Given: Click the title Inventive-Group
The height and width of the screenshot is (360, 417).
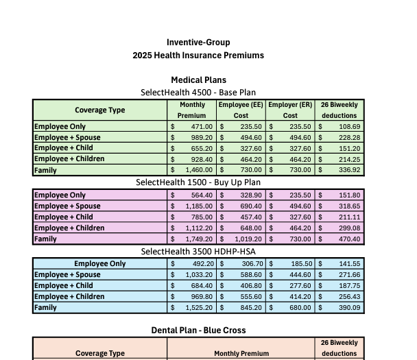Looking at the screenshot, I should click(x=198, y=43).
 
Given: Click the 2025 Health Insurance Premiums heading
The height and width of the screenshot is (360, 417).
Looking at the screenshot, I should click(x=198, y=56).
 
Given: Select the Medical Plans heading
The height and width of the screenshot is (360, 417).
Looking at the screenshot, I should click(x=198, y=80).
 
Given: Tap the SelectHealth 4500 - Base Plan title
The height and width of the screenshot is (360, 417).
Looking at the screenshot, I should click(x=198, y=92).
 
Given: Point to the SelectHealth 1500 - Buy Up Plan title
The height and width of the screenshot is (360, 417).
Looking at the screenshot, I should click(x=198, y=182).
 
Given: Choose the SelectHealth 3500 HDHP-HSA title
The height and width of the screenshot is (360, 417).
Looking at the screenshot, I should click(x=198, y=252).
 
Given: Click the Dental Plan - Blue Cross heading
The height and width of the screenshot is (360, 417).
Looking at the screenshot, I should click(x=198, y=331).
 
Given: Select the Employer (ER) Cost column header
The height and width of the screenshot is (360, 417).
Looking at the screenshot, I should click(x=290, y=110).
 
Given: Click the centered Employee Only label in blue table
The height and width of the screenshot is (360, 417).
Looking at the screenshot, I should click(x=100, y=264).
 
